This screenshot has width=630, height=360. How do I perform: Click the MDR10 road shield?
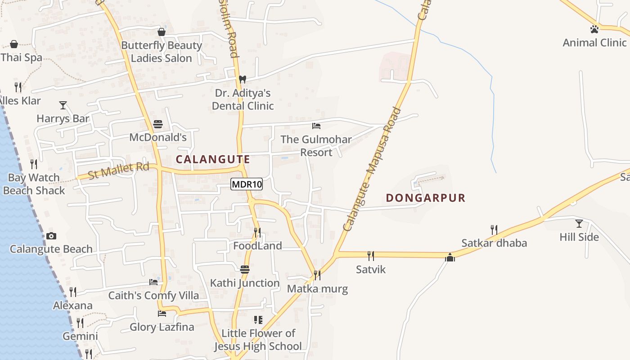[x=247, y=184]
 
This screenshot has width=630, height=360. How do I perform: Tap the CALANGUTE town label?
[x=213, y=159]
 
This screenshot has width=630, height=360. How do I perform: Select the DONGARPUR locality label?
[x=426, y=198]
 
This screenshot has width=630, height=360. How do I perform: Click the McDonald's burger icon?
[x=158, y=124]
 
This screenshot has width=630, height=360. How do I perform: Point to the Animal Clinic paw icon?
[x=594, y=30]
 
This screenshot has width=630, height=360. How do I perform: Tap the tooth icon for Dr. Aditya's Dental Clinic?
[x=243, y=80]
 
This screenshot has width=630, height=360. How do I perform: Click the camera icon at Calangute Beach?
[x=51, y=236]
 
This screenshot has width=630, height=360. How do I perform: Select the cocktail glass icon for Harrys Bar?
[x=63, y=105]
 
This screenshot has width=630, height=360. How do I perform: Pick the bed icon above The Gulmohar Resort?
[x=316, y=126]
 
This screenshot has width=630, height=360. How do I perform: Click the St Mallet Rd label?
[x=118, y=171]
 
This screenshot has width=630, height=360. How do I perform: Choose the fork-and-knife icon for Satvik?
[x=371, y=256]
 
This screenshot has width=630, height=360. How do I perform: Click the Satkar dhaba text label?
[x=494, y=243]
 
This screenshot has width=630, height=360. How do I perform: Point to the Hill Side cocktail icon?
[x=579, y=224]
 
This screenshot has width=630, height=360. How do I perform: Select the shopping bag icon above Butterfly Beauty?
[x=162, y=32]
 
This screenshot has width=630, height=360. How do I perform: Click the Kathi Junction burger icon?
[x=245, y=270]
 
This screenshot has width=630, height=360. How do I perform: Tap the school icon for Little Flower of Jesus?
[x=258, y=320]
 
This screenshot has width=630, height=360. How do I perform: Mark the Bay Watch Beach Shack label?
[x=34, y=184]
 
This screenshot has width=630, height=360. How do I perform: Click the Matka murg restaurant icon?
[x=317, y=275]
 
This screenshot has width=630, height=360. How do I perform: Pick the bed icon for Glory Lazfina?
[x=162, y=314]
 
